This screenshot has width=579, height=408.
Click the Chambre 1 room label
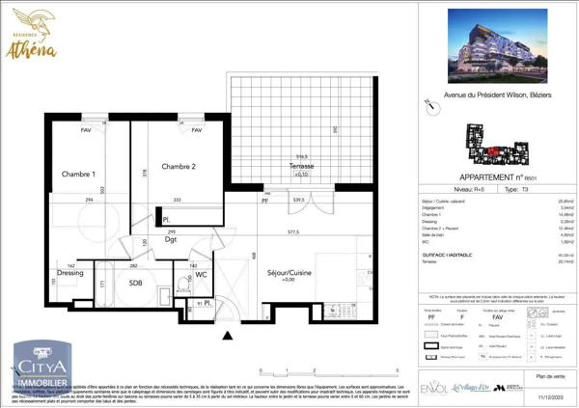[x=79, y=174]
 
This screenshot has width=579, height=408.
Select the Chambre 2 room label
[x=179, y=167]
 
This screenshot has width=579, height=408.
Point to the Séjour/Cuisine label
[x=290, y=274]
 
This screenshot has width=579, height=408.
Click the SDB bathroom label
[x=136, y=283]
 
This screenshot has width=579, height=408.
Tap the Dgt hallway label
[x=170, y=239]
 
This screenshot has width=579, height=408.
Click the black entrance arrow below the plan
[x=228, y=336]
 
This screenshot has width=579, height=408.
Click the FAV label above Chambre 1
[x=86, y=130]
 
